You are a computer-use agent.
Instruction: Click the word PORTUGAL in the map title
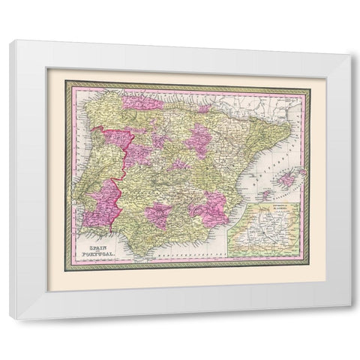click(x=94, y=253)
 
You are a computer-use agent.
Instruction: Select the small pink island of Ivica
click(x=265, y=194)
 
